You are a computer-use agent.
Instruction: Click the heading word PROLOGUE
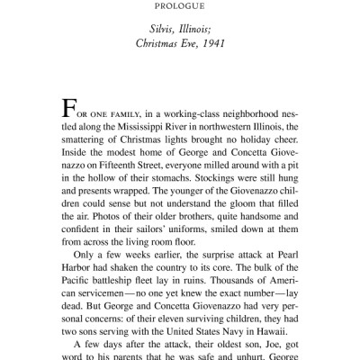tap(179, 13)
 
